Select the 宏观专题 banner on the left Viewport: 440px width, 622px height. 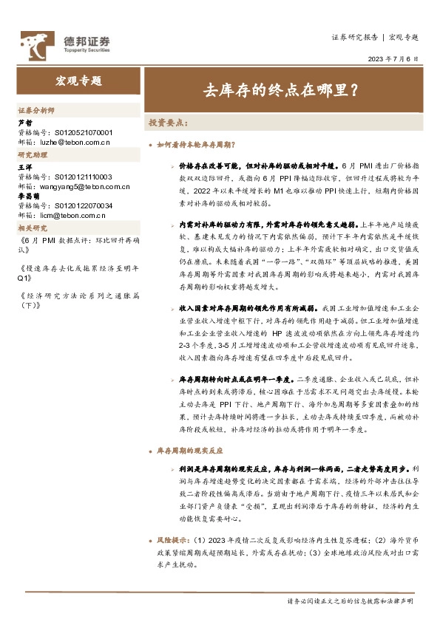coord(78,81)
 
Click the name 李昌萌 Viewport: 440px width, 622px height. coord(28,196)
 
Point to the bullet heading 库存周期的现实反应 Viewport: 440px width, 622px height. coord(191,449)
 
